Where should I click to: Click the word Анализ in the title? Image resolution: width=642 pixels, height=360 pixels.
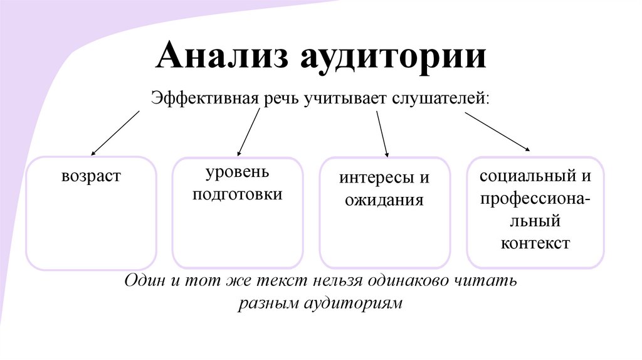pyautogui.click(x=223, y=57)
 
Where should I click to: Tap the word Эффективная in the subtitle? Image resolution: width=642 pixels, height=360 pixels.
pyautogui.click(x=202, y=99)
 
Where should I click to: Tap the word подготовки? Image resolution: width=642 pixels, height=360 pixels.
pyautogui.click(x=238, y=194)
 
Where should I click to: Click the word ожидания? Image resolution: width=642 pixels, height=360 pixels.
pyautogui.click(x=384, y=200)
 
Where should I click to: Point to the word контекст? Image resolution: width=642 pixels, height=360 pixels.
pyautogui.click(x=535, y=243)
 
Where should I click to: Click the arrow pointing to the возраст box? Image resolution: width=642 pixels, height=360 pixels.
pyautogui.click(x=116, y=132)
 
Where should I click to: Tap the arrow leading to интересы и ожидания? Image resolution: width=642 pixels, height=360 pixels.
pyautogui.click(x=382, y=134)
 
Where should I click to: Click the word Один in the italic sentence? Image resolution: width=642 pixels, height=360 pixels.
pyautogui.click(x=145, y=280)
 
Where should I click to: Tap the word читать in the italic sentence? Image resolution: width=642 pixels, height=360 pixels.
pyautogui.click(x=490, y=280)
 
